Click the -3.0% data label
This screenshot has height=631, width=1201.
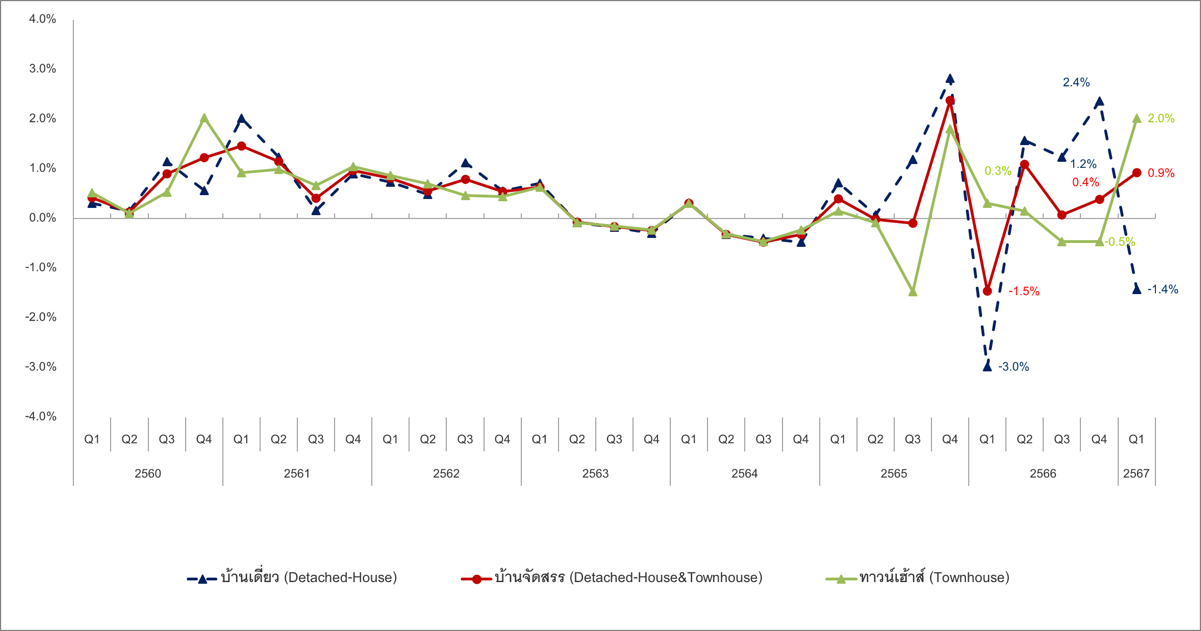[1013, 367]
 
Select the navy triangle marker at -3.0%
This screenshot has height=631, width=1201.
[987, 366]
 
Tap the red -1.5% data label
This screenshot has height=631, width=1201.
[1024, 291]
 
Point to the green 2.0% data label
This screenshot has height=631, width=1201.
[1161, 118]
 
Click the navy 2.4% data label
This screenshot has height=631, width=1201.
[1076, 83]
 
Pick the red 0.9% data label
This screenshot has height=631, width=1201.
[1161, 173]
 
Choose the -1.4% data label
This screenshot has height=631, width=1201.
[1163, 289]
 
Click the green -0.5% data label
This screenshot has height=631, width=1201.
[1119, 242]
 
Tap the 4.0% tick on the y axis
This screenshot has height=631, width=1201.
[43, 19]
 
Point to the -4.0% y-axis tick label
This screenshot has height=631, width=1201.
[41, 416]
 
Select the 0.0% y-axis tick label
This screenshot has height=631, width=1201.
[43, 218]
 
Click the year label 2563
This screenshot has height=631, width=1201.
[595, 474]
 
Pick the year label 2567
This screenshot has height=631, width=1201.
[1136, 474]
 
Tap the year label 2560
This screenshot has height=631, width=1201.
[148, 474]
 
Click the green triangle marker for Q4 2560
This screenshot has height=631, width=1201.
[204, 118]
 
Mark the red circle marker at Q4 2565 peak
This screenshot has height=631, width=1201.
[950, 101]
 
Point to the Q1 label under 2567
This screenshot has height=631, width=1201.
[1136, 440]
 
